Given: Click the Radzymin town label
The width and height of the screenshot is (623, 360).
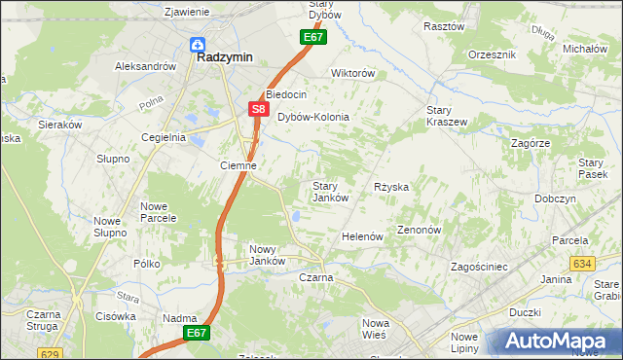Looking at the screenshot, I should point(225,57).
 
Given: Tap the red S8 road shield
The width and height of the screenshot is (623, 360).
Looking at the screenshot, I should point(257,110).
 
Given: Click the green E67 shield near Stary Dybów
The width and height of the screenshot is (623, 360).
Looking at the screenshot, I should point(311,37).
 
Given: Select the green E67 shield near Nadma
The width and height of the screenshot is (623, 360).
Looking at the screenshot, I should point(196,333).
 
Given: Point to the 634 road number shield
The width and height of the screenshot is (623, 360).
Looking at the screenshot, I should point(583,264).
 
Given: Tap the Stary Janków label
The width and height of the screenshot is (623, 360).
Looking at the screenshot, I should point(330,192).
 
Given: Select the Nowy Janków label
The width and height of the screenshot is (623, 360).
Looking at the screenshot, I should point(267,255).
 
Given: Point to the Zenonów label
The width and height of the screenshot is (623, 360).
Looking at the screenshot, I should point(420,231).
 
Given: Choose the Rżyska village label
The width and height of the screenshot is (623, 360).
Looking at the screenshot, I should point(390,186).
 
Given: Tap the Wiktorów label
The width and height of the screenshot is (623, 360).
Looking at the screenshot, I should point(352,73).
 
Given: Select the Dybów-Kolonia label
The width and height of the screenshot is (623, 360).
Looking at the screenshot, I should point(312,117).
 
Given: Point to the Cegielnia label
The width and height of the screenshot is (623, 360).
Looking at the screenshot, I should point(163,137).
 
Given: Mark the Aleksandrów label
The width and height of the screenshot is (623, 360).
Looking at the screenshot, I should point(145,66).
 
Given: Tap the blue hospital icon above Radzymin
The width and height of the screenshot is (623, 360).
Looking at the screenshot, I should point(197,43).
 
